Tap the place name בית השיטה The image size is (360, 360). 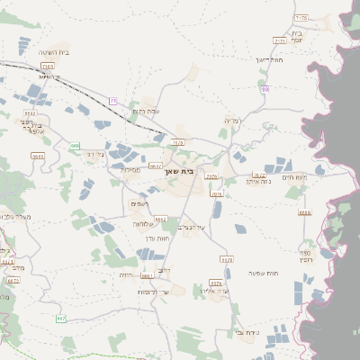click(55, 53)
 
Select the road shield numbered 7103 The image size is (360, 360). click(48, 66)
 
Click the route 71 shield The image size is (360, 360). click(112, 100)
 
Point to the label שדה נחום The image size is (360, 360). click(145, 111)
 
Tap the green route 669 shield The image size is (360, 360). click(75, 145)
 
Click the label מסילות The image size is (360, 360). click(130, 169)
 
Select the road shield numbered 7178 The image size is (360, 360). click(301, 18)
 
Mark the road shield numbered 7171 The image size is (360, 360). click(279, 40)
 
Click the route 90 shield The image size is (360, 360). click(265, 89)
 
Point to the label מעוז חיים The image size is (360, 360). click(319, 176)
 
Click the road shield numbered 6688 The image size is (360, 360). click(304, 212)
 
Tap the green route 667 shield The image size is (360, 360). click(61, 318)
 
